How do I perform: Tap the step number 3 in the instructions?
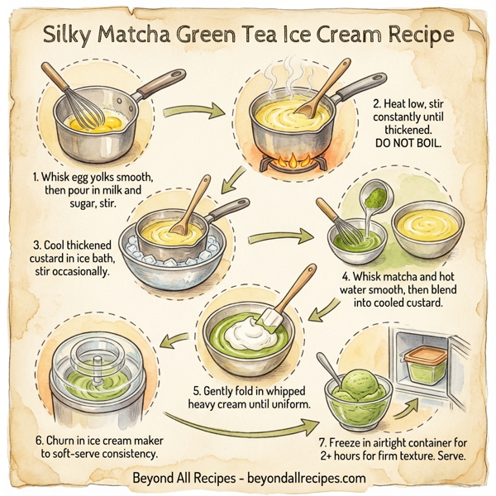pos(36,245)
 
